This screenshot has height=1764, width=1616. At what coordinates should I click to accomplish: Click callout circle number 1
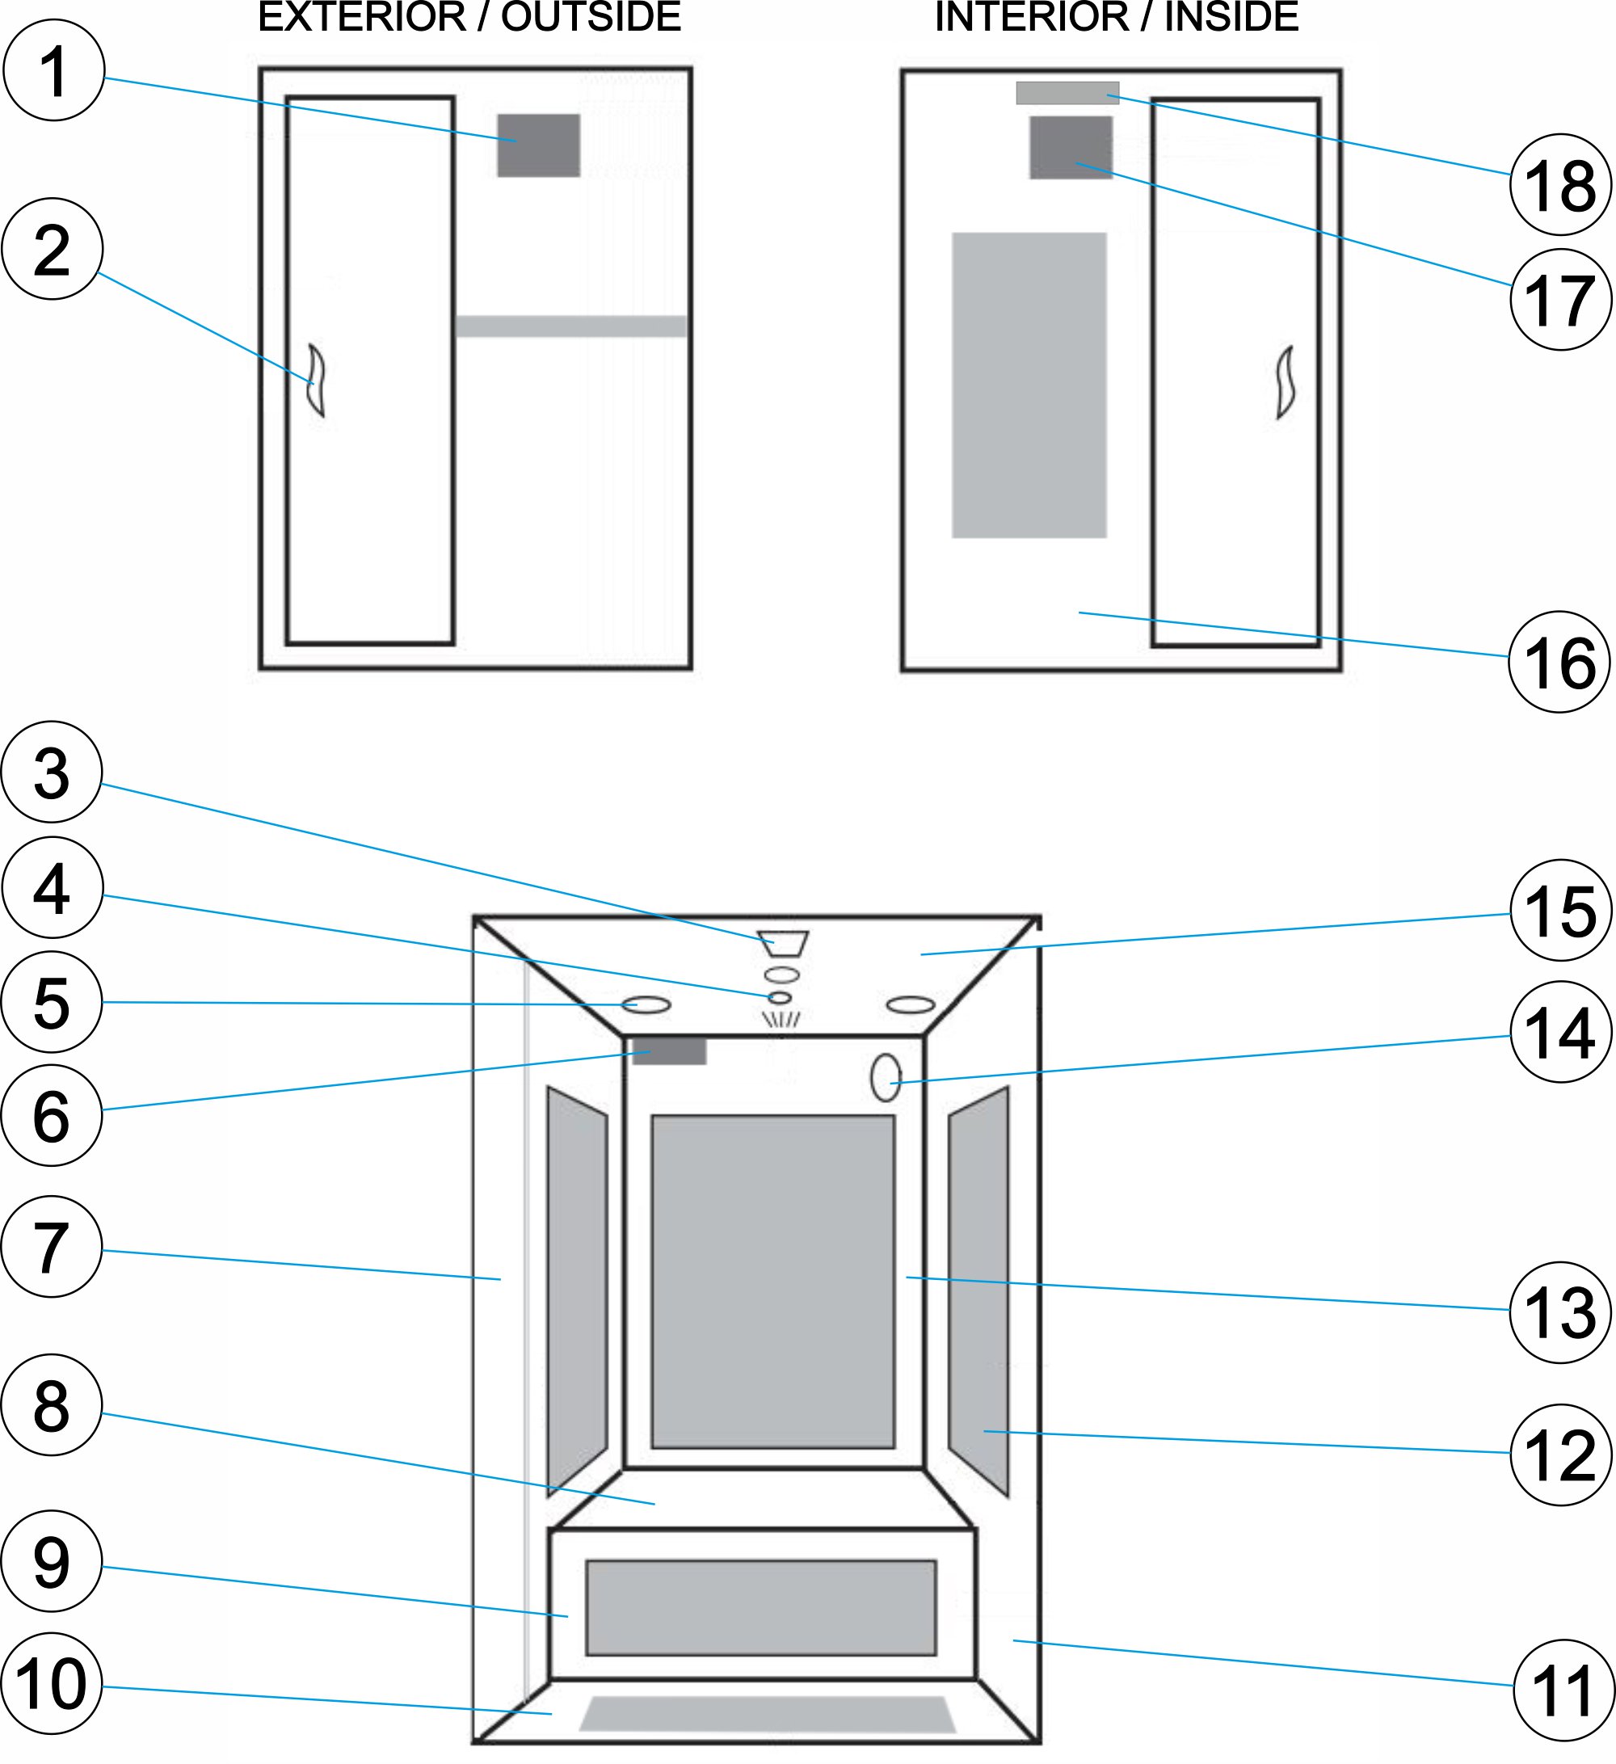(54, 70)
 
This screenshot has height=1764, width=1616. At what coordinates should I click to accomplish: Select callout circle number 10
(53, 1683)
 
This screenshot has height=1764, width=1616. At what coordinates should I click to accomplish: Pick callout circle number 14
(1559, 1033)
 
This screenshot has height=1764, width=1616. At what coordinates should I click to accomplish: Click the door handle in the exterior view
(316, 381)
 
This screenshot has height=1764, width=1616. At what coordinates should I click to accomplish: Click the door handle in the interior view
(1285, 382)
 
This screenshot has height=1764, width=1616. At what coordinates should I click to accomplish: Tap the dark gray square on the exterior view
(538, 145)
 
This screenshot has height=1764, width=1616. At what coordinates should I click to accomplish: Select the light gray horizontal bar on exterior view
(570, 326)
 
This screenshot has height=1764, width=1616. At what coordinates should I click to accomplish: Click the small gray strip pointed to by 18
(1067, 93)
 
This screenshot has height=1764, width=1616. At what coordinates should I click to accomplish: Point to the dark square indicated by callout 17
(1070, 148)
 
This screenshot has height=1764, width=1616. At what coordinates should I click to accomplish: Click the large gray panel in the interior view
(1029, 385)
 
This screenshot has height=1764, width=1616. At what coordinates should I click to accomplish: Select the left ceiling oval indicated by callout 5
(646, 1004)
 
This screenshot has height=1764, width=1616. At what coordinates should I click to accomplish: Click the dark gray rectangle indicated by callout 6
(669, 1050)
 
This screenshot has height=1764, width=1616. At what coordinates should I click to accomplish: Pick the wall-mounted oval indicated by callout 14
(886, 1078)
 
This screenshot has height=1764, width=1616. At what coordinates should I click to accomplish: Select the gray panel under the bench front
(760, 1607)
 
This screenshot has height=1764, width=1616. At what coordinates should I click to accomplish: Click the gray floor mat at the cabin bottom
(768, 1714)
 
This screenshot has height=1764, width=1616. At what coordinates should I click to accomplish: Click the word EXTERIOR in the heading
(362, 18)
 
